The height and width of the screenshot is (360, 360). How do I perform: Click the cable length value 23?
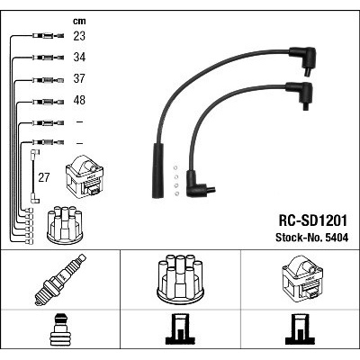(x=79, y=36)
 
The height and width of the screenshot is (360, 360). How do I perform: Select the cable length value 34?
(x=79, y=57)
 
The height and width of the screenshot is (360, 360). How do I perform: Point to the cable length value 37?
(x=79, y=78)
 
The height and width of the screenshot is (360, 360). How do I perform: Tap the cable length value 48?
(x=79, y=100)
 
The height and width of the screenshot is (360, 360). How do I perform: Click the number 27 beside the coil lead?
(x=44, y=177)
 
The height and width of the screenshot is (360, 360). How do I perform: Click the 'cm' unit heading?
(x=79, y=21)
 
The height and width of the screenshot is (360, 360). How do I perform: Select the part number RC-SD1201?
(x=313, y=220)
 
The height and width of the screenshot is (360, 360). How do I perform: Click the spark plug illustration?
(x=60, y=280)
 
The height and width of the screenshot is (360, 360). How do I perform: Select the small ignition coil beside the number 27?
(x=85, y=176)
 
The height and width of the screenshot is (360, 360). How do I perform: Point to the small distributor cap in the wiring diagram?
(x=65, y=225)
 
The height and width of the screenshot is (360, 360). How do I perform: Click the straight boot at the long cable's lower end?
(x=158, y=170)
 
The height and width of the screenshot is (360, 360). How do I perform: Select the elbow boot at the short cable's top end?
(x=300, y=94)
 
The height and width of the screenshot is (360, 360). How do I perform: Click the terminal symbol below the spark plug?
(x=60, y=329)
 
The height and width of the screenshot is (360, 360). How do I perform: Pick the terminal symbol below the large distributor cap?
(x=180, y=329)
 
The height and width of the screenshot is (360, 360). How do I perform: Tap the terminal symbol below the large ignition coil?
(x=300, y=329)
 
